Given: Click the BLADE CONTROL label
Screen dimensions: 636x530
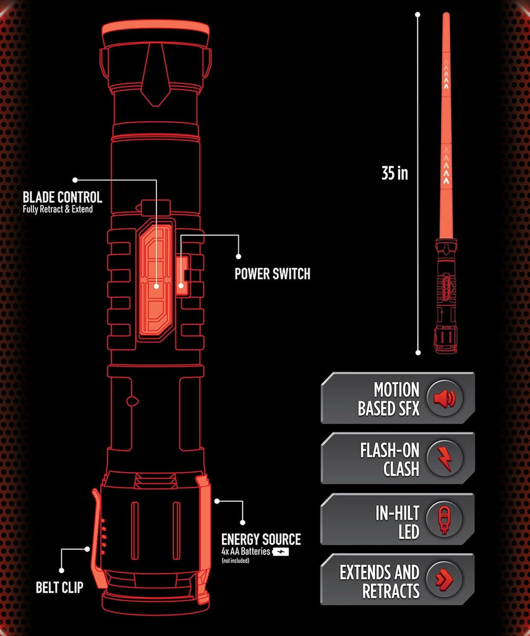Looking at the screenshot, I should (x=62, y=197).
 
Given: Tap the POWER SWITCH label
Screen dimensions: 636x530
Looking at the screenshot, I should (x=272, y=273).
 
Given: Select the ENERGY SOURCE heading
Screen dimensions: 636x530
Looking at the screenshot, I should (x=261, y=539).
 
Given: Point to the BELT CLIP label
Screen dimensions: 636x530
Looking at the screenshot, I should (x=59, y=587).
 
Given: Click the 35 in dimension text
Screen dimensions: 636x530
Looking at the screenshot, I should (x=395, y=174).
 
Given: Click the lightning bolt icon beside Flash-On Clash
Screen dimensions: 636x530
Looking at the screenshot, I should (x=443, y=458).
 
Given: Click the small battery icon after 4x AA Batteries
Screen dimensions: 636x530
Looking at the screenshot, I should (x=281, y=551).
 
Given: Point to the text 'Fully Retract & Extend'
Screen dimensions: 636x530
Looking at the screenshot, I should (x=58, y=209).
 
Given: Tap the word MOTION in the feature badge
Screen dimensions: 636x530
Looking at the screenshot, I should (x=396, y=390).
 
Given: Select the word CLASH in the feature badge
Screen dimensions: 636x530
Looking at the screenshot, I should (x=401, y=469).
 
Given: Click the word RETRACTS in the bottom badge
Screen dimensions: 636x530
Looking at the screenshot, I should (x=391, y=590).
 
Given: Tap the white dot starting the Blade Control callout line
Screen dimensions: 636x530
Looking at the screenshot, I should (x=75, y=180).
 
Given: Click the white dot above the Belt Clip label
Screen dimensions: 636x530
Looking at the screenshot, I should (x=61, y=570).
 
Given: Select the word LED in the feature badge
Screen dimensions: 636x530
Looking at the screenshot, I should (x=408, y=531).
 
